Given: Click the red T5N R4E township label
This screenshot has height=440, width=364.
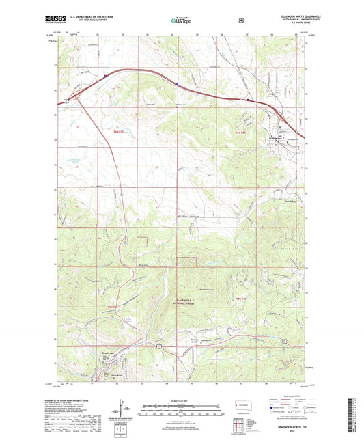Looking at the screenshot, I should tap(240, 299).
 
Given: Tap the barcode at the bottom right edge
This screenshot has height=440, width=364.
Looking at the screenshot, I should tap(358, 417).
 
